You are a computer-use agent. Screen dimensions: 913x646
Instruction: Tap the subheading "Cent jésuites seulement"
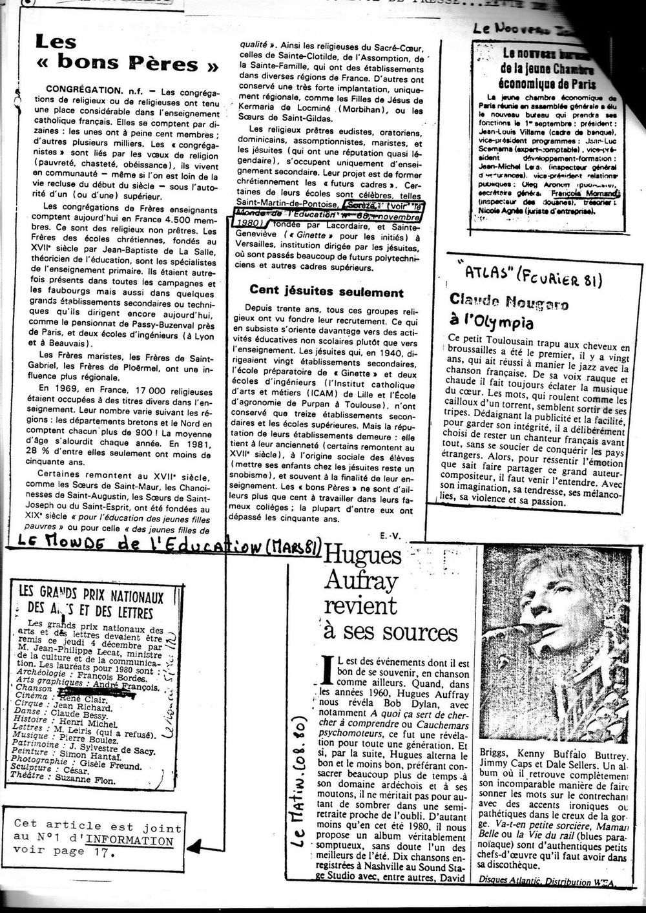[326, 292]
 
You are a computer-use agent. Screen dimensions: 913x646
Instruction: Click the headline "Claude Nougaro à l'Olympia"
[501, 311]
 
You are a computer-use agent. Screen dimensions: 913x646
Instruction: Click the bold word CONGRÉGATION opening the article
[81, 87]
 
